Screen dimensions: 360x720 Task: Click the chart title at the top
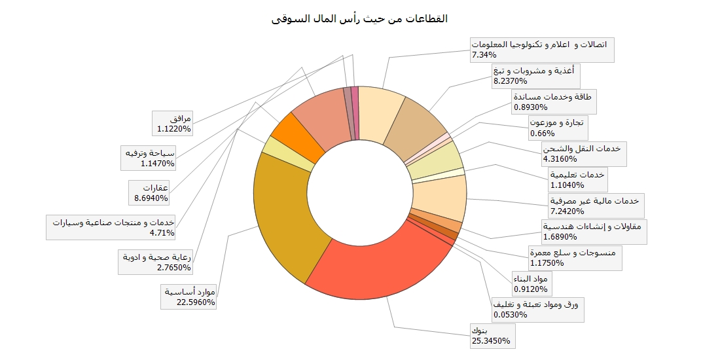(359, 18)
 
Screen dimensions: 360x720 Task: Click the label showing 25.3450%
(490, 336)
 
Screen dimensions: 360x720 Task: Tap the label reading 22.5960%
(189, 297)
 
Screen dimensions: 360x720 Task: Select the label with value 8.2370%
(536, 75)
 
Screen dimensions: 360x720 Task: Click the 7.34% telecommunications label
(542, 50)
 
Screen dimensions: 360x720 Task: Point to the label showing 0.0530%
(538, 309)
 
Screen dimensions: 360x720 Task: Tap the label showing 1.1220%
(173, 124)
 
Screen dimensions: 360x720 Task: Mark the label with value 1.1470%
(157, 158)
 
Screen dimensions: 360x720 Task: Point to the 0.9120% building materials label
(532, 283)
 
